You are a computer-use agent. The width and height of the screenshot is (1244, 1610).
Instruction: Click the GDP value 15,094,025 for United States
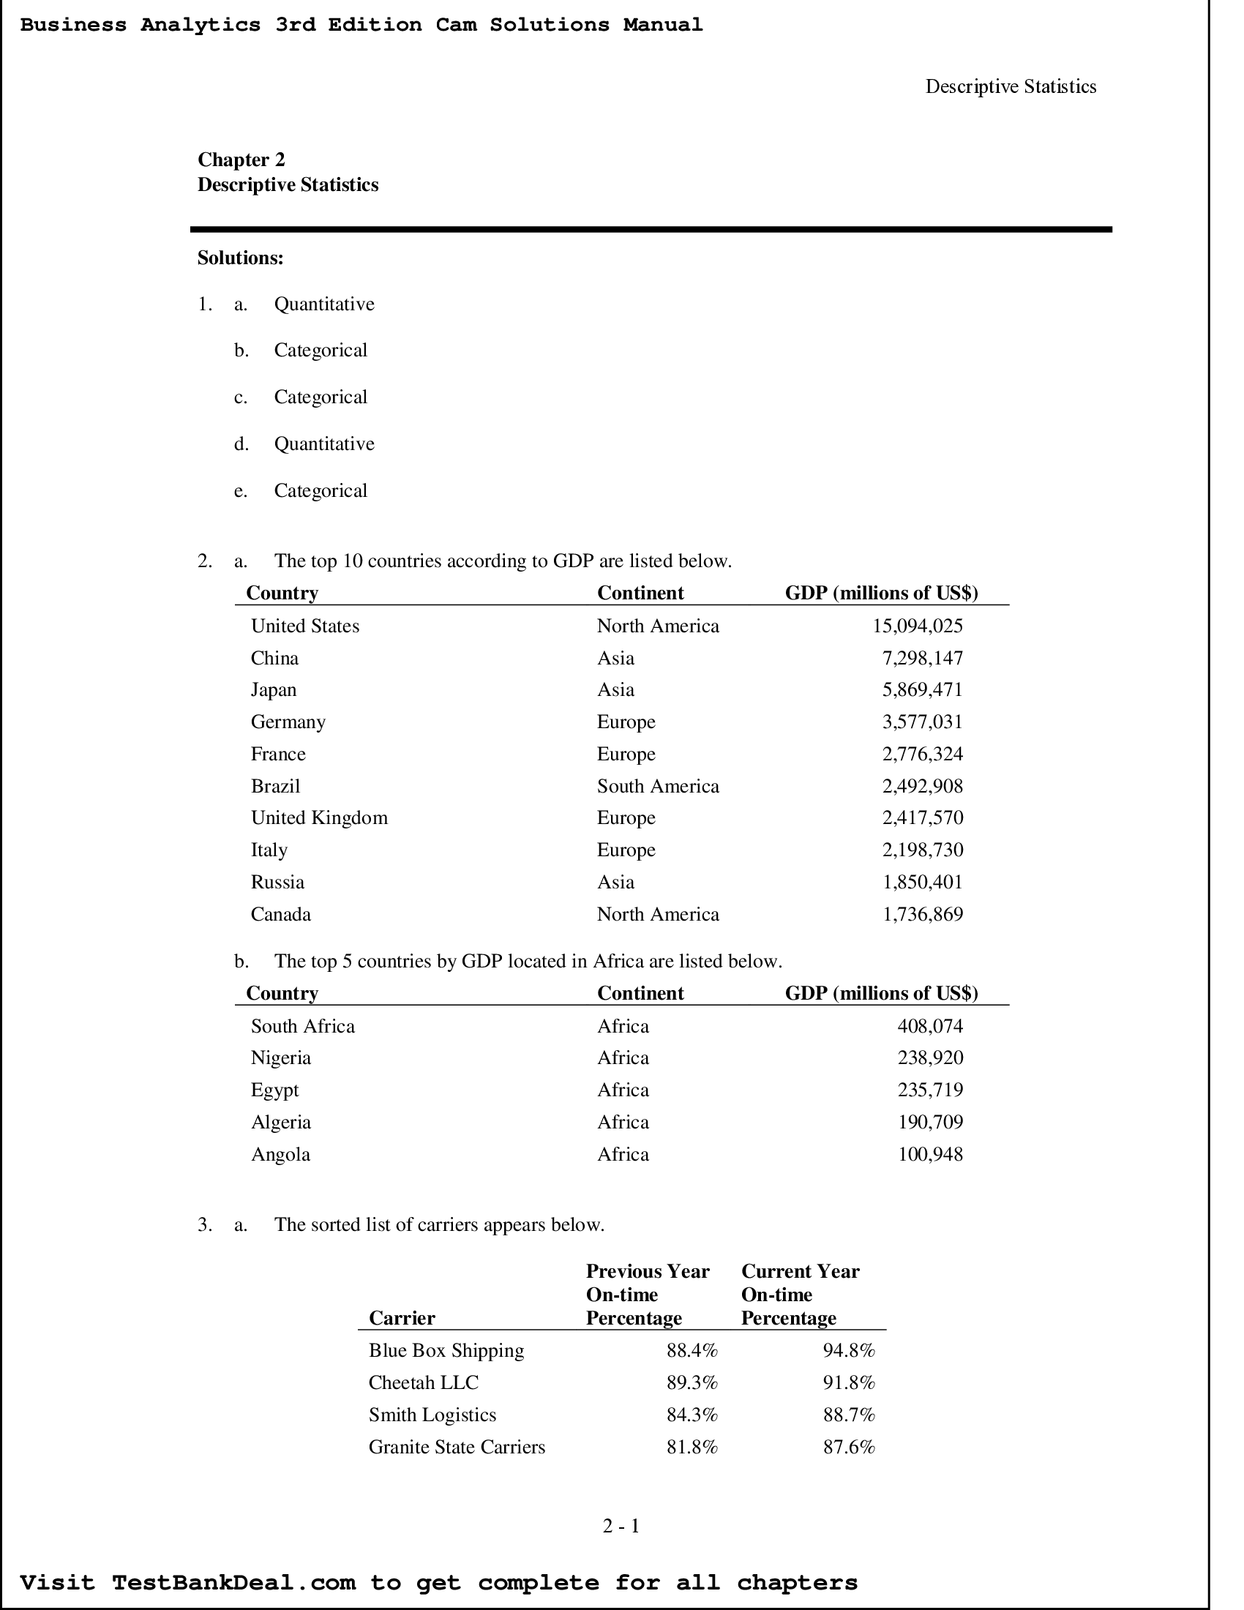click(917, 626)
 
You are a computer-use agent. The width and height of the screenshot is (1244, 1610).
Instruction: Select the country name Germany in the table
click(288, 722)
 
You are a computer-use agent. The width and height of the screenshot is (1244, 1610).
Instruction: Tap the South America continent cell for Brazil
click(657, 786)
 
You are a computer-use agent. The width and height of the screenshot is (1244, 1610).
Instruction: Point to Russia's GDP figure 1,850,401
click(922, 882)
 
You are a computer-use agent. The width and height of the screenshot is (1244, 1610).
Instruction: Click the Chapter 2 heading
click(241, 160)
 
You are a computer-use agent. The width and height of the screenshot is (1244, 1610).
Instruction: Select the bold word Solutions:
click(240, 258)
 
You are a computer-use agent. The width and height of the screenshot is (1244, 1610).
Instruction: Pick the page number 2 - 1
click(621, 1525)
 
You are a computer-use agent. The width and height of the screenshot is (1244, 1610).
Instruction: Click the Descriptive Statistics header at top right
click(1011, 87)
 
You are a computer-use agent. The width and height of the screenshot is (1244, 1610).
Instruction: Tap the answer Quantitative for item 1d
click(323, 443)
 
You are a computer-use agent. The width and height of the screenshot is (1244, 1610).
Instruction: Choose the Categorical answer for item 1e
click(320, 491)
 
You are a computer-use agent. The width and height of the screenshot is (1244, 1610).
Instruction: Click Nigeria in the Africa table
click(280, 1058)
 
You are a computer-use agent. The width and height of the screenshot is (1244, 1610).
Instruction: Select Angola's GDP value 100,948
click(929, 1153)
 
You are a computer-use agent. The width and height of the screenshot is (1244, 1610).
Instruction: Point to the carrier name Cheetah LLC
click(423, 1382)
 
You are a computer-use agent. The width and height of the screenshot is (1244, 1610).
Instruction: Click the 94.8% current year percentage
click(848, 1350)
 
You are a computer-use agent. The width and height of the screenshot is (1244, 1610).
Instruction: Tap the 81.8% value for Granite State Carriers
click(692, 1446)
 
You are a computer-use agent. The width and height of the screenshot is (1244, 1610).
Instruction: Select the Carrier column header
click(402, 1317)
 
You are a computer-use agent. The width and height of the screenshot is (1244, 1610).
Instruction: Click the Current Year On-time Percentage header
click(800, 1295)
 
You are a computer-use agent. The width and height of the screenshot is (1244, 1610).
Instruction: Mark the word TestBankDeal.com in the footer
click(233, 1582)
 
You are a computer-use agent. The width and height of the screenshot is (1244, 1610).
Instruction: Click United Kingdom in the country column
click(318, 817)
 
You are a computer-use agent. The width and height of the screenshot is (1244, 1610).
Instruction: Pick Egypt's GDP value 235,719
click(929, 1090)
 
